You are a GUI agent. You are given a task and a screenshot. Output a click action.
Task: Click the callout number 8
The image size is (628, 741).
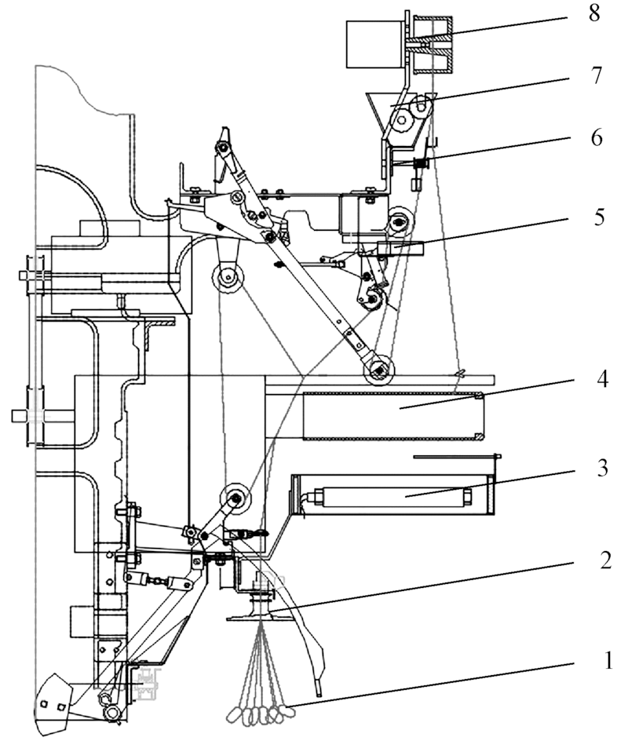(x=594, y=13)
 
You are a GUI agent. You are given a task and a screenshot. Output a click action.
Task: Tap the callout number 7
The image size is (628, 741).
(x=597, y=75)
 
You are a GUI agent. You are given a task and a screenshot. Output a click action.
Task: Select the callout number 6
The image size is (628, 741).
(x=597, y=138)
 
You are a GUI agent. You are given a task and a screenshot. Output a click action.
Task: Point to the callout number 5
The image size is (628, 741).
(x=599, y=217)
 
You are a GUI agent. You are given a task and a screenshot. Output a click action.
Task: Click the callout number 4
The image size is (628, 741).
(x=601, y=379)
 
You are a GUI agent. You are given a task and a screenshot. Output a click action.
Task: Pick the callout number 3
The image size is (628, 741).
(x=602, y=469)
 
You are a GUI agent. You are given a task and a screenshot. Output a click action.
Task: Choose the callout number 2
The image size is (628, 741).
(x=605, y=560)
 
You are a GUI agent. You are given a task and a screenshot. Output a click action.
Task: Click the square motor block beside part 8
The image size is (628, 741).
(x=375, y=43)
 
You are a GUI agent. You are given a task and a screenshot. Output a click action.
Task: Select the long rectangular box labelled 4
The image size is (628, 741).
(x=393, y=415)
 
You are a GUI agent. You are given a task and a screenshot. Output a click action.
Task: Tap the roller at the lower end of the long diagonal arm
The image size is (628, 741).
(x=378, y=370)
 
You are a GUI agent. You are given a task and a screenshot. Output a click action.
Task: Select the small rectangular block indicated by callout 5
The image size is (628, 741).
(x=400, y=249)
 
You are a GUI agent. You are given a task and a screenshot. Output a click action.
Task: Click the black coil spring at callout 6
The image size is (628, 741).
(x=421, y=163)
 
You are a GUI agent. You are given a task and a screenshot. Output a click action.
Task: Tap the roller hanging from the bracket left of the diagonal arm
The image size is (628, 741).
(x=228, y=277)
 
